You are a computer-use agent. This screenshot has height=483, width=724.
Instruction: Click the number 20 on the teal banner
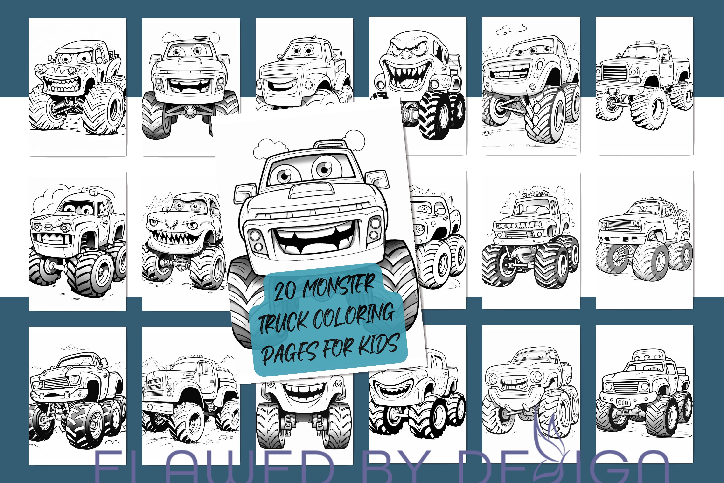285,290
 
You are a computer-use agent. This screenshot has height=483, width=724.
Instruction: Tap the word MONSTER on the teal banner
339,285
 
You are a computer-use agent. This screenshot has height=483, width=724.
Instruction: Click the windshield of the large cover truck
311,170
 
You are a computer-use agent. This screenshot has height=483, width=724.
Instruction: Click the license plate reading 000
623,402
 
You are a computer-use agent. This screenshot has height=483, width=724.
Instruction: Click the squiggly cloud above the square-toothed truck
511,29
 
